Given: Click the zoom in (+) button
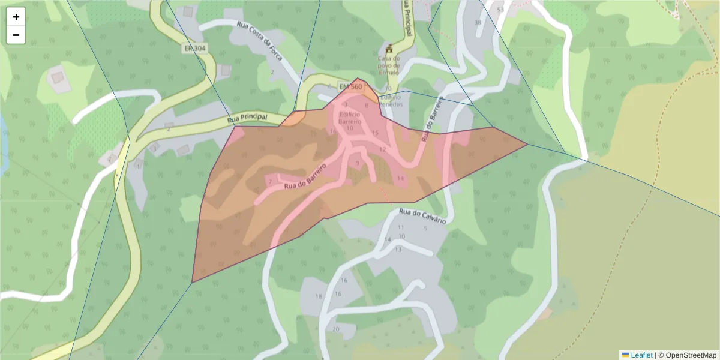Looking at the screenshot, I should (16, 17).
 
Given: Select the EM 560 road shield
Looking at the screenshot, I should (350, 87).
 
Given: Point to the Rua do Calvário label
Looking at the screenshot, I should (423, 216).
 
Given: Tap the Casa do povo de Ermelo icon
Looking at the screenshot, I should (389, 48).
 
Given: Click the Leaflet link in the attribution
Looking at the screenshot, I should (641, 355).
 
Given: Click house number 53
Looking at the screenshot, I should (500, 10).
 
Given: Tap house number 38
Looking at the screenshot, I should (478, 23).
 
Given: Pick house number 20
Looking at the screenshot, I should (335, 329).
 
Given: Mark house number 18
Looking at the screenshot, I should (319, 296).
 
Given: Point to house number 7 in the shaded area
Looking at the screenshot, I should (271, 181).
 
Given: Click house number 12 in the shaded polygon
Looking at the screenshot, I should (382, 149).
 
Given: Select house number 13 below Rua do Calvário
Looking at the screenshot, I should (398, 250).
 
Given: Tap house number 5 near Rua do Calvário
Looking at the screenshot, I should (425, 228).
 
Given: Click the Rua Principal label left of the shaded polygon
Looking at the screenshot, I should (247, 119).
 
